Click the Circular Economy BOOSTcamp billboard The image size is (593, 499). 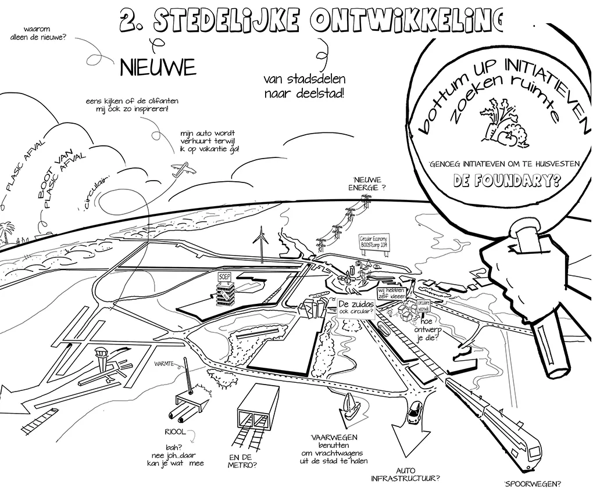pyautogui.click(x=374, y=242)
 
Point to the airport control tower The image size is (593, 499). pyautogui.click(x=102, y=356)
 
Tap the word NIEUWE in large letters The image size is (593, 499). pyautogui.click(x=157, y=68)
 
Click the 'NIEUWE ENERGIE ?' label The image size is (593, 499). pyautogui.click(x=369, y=184)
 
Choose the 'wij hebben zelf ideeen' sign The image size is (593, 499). pyautogui.click(x=391, y=293)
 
